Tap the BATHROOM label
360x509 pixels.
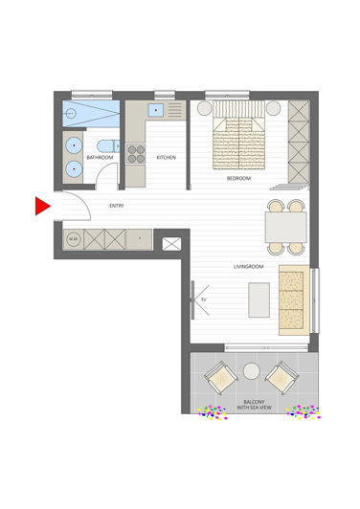[x=100, y=157]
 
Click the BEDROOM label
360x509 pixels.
[x=239, y=178]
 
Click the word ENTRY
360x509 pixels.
[x=117, y=206]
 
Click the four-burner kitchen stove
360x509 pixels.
[x=136, y=155]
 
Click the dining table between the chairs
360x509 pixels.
[x=285, y=228]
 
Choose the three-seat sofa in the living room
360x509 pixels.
[x=292, y=300]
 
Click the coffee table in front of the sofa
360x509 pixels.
[x=256, y=299]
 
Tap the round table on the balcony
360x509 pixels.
[x=252, y=370]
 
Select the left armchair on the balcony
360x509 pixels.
[x=221, y=379]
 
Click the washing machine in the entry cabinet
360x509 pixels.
[x=73, y=238]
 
